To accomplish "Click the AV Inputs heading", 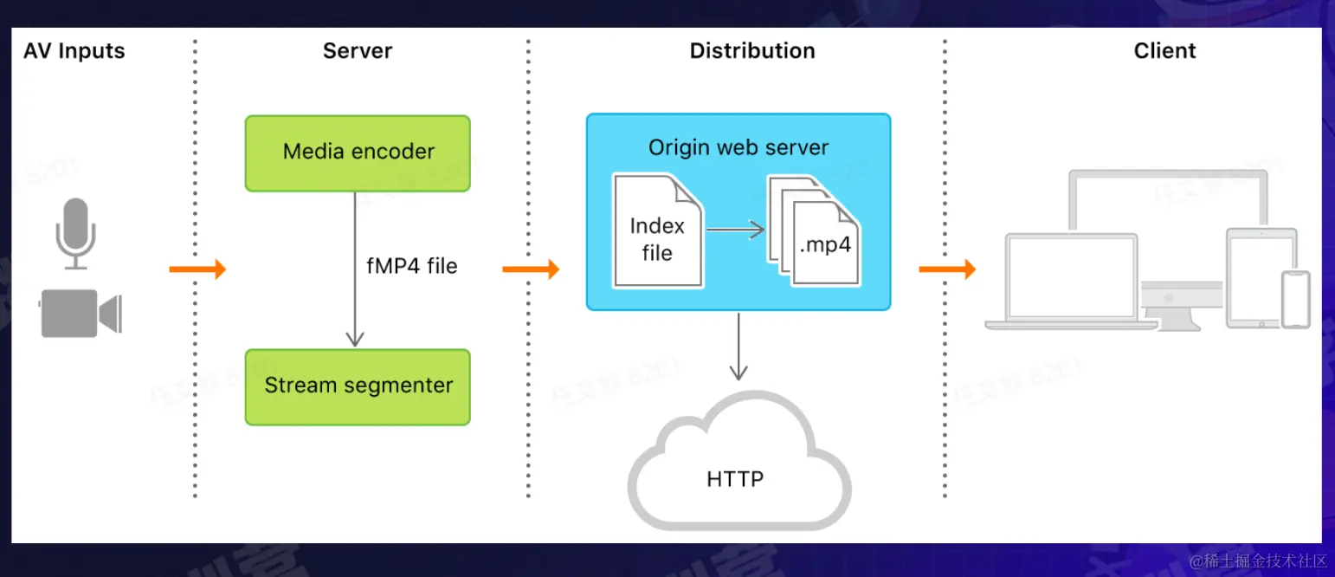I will click(x=74, y=51).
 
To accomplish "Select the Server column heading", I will click(x=357, y=51).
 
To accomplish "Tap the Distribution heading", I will click(x=751, y=51).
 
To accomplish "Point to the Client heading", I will click(x=1164, y=51).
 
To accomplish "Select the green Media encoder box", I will click(x=358, y=152).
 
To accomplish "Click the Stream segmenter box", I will click(x=358, y=386).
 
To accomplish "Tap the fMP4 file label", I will click(x=411, y=266).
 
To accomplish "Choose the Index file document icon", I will click(x=657, y=231).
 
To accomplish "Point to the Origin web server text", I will click(x=738, y=147).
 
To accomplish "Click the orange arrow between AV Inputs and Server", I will click(x=197, y=269).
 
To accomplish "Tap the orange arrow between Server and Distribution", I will click(x=530, y=269).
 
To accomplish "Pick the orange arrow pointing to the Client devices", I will click(x=946, y=269).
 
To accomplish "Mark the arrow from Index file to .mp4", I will click(x=734, y=230).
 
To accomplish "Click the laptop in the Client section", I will click(x=1072, y=282).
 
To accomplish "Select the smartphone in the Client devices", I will click(x=1296, y=299).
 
